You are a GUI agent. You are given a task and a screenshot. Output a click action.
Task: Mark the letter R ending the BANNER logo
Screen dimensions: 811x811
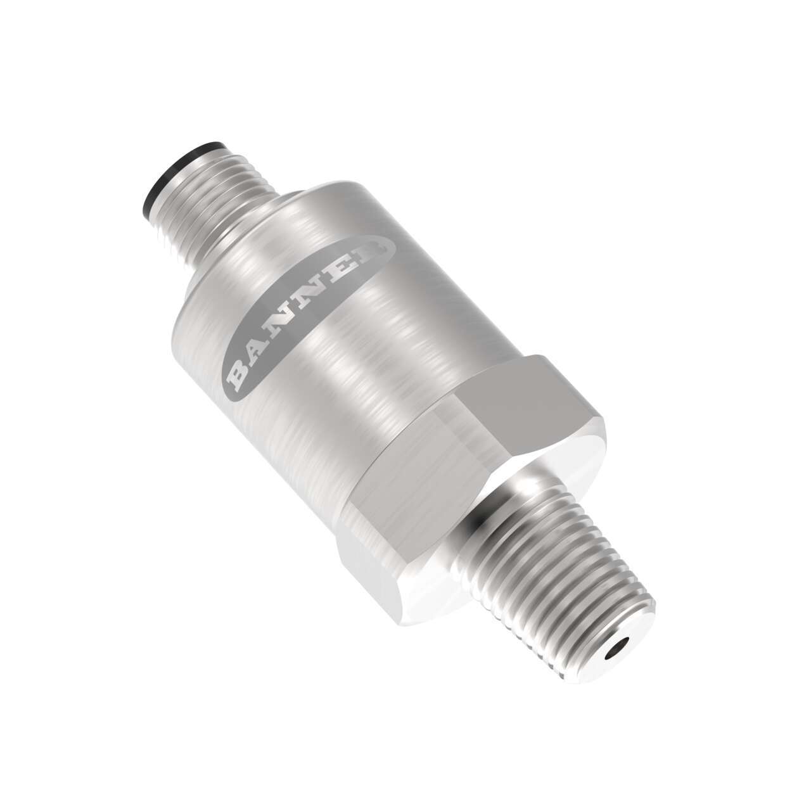click(367, 253)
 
